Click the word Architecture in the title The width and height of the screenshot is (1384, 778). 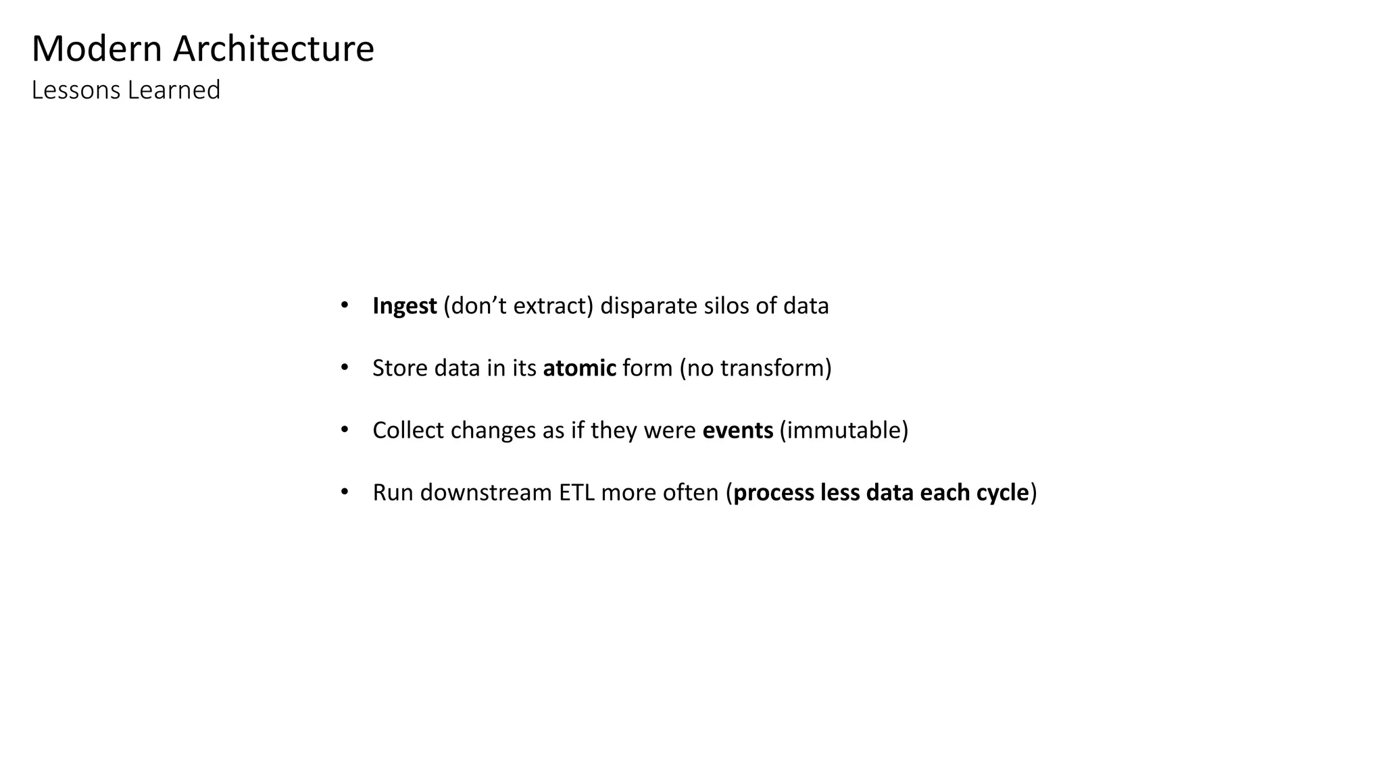[x=273, y=49]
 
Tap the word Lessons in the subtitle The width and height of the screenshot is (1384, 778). [x=76, y=90]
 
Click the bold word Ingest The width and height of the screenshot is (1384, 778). [x=404, y=307]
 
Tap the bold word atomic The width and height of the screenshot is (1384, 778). [x=579, y=368]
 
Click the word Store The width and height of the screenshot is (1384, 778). [x=399, y=368]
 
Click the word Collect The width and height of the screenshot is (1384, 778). [x=407, y=430]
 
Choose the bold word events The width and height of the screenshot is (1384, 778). [x=737, y=430]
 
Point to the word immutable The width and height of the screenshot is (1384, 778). [x=843, y=430]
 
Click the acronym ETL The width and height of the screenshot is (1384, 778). [x=576, y=492]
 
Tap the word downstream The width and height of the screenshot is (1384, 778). [x=486, y=492]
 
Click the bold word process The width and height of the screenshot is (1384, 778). [x=773, y=493]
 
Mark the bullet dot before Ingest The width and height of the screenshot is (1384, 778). [x=345, y=305]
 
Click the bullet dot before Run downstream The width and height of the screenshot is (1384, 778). [x=345, y=492]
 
